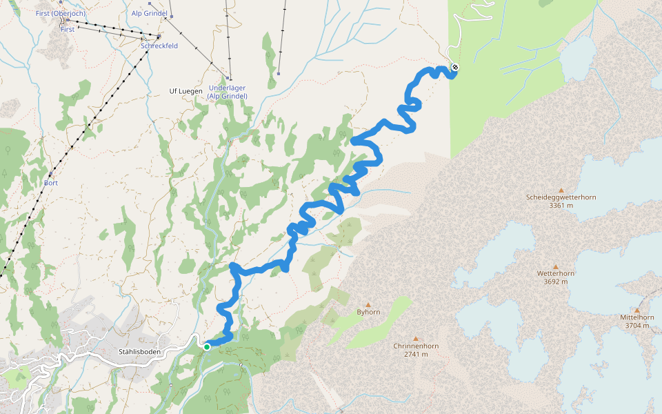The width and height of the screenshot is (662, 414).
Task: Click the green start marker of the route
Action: click(206, 347)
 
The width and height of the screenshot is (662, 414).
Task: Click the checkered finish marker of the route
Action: click(455, 68)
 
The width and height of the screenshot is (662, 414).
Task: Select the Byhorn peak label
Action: click(368, 312)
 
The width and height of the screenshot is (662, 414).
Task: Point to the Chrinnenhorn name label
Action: click(416, 346)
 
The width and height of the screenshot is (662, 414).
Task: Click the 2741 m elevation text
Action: click(416, 354)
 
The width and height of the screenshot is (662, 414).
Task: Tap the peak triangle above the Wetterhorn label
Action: click(555, 266)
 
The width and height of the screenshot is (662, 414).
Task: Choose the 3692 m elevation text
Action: click(555, 282)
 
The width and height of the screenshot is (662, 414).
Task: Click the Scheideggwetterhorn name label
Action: click(561, 197)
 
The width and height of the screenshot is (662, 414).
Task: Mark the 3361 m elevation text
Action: click(561, 206)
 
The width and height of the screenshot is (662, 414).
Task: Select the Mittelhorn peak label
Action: click(636, 317)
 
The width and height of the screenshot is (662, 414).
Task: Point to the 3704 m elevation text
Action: click(636, 326)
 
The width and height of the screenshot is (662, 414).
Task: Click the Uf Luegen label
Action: click(186, 91)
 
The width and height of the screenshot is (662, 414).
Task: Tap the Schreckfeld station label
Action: click(159, 46)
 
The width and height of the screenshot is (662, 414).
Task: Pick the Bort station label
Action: click(50, 183)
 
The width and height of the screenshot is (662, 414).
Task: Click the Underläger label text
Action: click(227, 88)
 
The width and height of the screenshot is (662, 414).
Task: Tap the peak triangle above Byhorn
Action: click(368, 304)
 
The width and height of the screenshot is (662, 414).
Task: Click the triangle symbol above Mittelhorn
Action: click(636, 310)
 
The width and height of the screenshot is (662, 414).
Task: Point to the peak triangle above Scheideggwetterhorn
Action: click(561, 190)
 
